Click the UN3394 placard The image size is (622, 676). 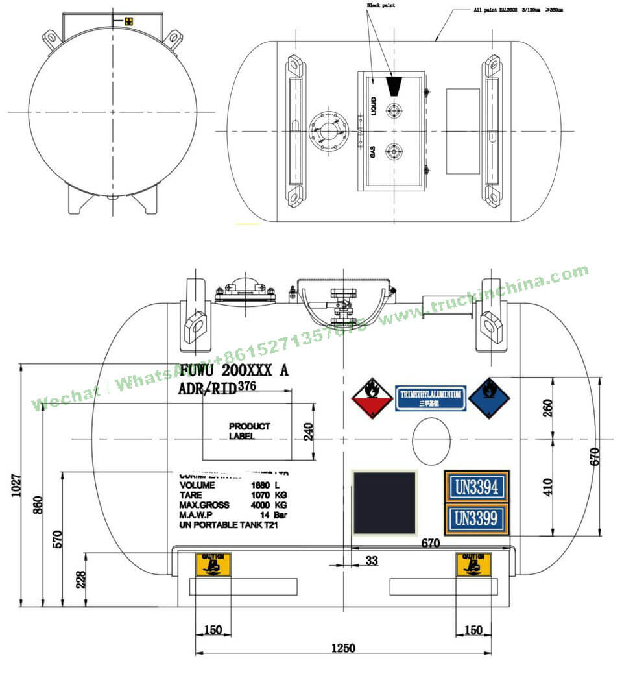(x=477, y=487)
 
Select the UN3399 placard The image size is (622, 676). (x=477, y=518)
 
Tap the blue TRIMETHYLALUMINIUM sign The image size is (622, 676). (x=431, y=398)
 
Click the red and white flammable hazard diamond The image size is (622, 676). (x=372, y=397)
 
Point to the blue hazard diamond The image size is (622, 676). (x=490, y=397)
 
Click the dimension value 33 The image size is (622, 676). (x=372, y=561)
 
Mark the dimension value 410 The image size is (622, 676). (x=548, y=487)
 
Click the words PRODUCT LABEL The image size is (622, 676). (x=249, y=431)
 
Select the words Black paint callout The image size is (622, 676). (x=381, y=5)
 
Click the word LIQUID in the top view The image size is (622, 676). (x=374, y=106)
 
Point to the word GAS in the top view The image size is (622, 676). (x=373, y=152)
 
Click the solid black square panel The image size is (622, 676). (x=384, y=503)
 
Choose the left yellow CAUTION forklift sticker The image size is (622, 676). (x=213, y=564)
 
